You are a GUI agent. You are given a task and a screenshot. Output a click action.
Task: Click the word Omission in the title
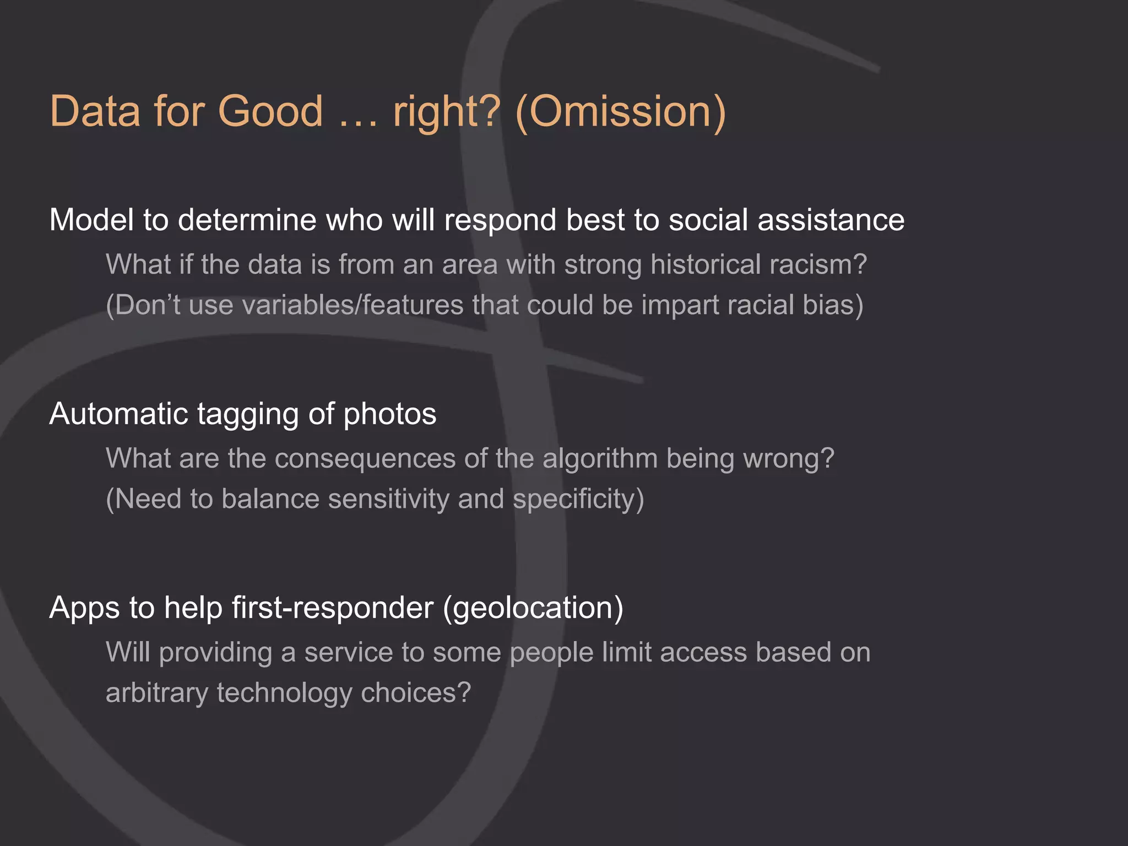pyautogui.click(x=621, y=111)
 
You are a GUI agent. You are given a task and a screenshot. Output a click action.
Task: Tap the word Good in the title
pyautogui.click(x=270, y=111)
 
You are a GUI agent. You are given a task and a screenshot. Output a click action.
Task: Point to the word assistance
pyautogui.click(x=831, y=220)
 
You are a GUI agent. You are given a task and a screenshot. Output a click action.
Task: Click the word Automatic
pyautogui.click(x=118, y=414)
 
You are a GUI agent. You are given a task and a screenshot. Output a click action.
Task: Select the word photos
pyautogui.click(x=389, y=415)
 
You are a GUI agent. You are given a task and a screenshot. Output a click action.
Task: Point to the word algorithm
pyautogui.click(x=600, y=459)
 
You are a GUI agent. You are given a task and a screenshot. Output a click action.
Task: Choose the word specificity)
pyautogui.click(x=578, y=499)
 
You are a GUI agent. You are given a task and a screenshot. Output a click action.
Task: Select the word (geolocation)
pyautogui.click(x=533, y=608)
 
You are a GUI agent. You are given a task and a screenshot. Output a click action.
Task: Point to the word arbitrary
pyautogui.click(x=156, y=693)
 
